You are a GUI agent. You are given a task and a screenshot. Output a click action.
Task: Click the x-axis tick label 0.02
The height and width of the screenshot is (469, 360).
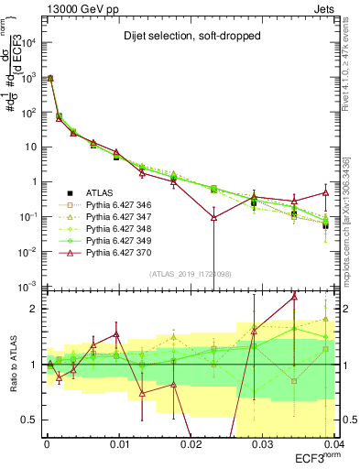190,443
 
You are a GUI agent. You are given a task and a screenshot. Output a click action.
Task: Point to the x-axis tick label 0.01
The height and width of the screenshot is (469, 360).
118,443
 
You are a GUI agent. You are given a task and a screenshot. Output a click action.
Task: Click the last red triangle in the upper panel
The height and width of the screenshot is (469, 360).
326,192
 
